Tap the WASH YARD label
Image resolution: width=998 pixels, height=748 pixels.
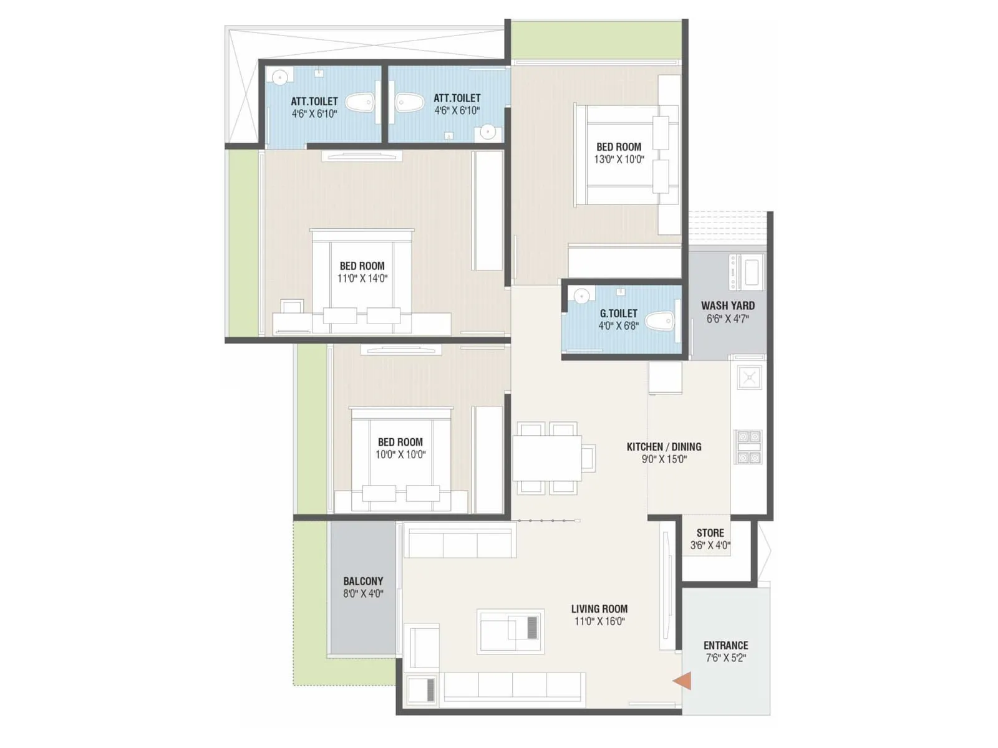[x=727, y=306]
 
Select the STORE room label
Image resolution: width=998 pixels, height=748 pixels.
[x=710, y=533]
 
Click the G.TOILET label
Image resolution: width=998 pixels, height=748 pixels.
[x=618, y=314]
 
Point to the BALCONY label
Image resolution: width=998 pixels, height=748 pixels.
[x=363, y=581]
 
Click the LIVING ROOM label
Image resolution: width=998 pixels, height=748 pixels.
[x=599, y=609]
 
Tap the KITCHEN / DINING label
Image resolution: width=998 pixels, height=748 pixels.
[x=664, y=447]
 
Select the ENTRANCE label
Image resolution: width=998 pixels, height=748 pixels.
[x=725, y=646]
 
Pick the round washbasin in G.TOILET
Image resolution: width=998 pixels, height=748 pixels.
[x=581, y=296]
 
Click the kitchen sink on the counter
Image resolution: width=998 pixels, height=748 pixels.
[x=749, y=377]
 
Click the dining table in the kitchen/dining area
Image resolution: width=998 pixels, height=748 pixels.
[x=547, y=458]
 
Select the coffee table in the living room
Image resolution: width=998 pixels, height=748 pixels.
[x=510, y=631]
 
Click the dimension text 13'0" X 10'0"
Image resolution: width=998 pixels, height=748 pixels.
[x=619, y=160]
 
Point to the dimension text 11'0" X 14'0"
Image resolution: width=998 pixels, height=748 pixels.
[x=362, y=279]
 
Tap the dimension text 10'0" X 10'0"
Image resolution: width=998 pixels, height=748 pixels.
[x=400, y=455]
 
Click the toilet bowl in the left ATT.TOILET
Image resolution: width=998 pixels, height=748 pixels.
[x=360, y=103]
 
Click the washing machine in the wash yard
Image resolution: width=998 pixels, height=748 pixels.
[x=747, y=272]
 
